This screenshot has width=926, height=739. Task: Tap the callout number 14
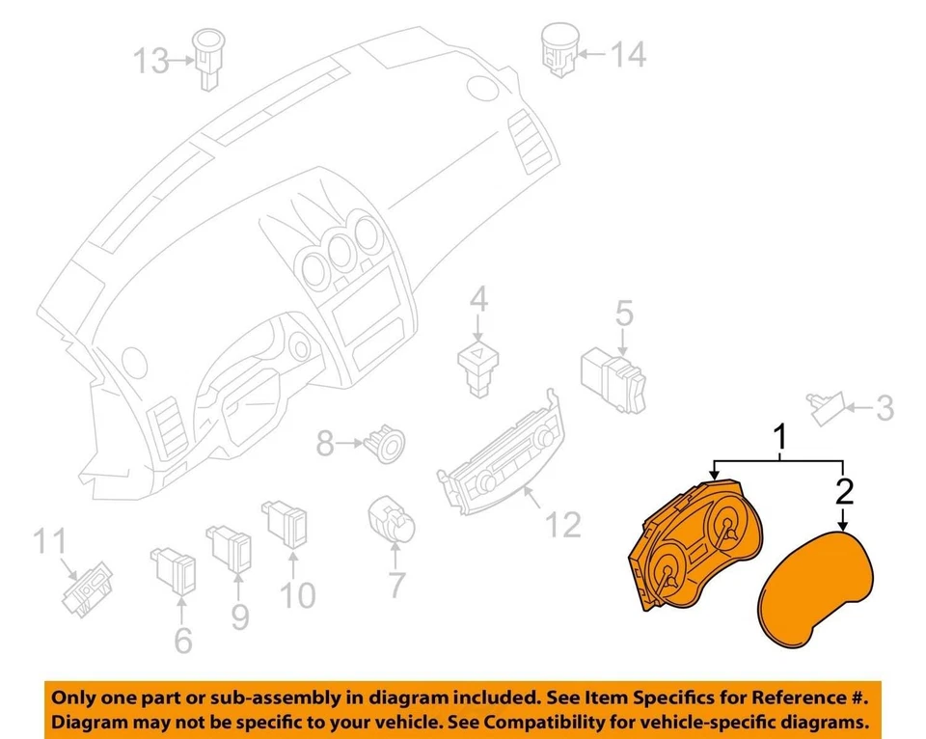[x=628, y=54]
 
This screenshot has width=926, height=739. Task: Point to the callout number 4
[x=479, y=302]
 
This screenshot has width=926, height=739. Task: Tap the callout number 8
[x=325, y=444]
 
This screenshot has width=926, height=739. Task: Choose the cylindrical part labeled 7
[x=395, y=521]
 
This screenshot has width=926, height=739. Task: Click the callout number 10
[x=298, y=595]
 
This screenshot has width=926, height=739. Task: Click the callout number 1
[x=781, y=439]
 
